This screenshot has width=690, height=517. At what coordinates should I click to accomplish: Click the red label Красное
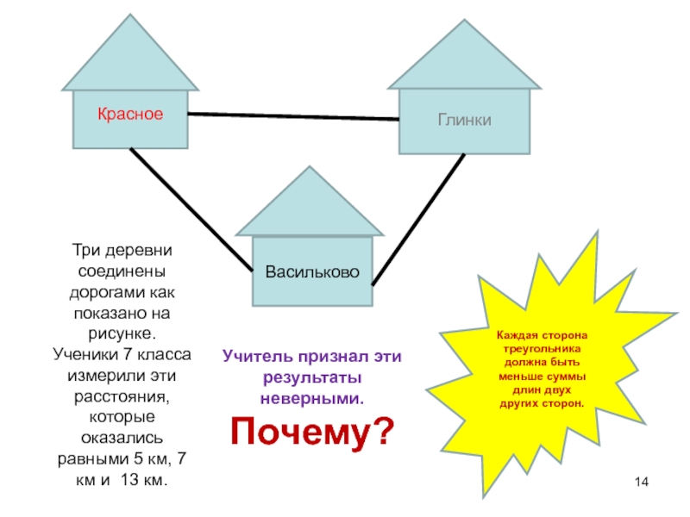[x=129, y=114]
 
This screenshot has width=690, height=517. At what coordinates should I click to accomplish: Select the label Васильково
[x=312, y=272]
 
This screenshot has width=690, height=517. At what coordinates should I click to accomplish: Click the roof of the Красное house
[x=130, y=56]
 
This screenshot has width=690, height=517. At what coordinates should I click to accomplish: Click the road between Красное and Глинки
[x=293, y=116]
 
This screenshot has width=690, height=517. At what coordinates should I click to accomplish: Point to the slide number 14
[x=640, y=480]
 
